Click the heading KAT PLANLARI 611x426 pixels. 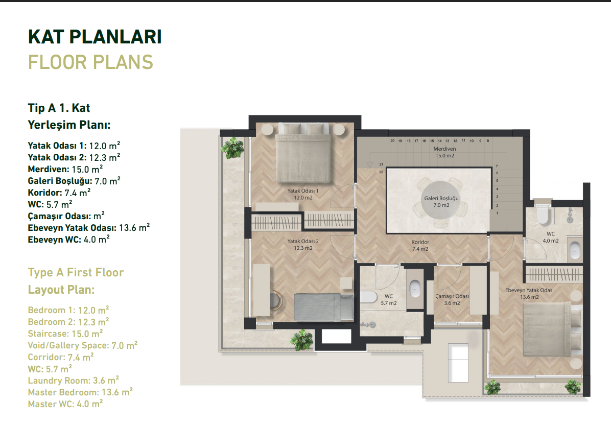[x=95, y=37]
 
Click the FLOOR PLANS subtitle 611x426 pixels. [x=90, y=62]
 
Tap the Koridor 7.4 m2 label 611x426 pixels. [x=420, y=246]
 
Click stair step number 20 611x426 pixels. [x=392, y=140]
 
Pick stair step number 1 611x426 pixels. [x=497, y=214]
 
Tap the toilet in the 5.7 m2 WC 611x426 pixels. [x=368, y=296]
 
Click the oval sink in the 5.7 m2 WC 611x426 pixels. [x=415, y=289]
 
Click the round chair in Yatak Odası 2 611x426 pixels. [x=275, y=300]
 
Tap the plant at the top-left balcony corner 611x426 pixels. [x=233, y=148]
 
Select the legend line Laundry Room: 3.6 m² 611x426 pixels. [x=74, y=381]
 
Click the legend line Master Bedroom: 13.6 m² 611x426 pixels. [x=80, y=392]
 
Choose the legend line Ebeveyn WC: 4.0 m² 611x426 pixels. [x=69, y=239]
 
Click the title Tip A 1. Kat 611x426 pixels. [x=59, y=108]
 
